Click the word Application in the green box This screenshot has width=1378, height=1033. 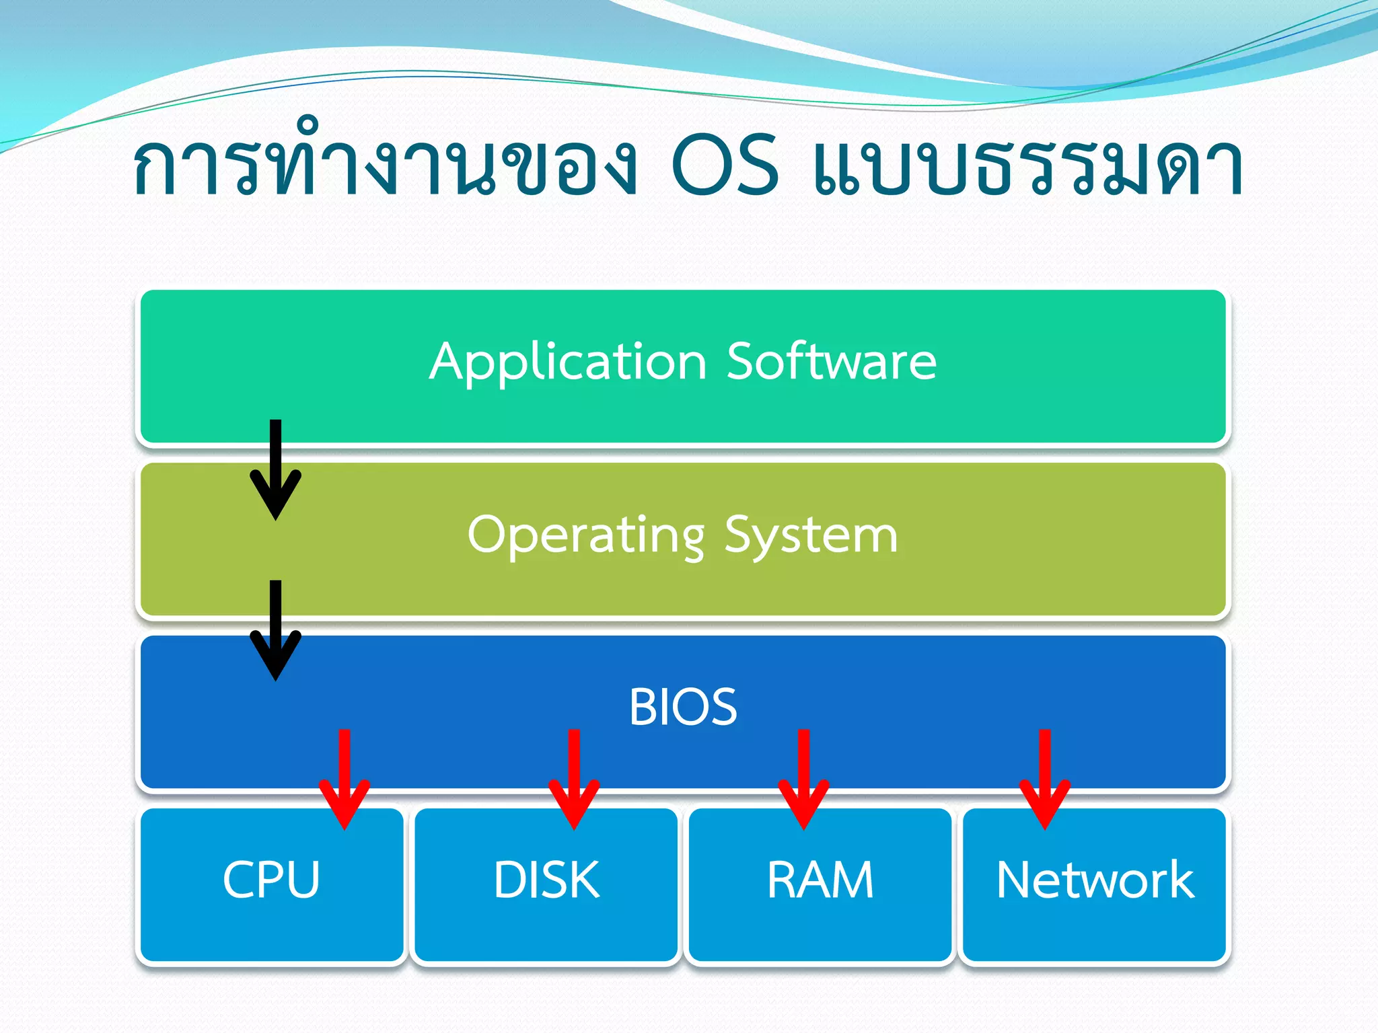coord(567,363)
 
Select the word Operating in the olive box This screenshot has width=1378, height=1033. coord(586,535)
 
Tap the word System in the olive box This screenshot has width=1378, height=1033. coord(811,537)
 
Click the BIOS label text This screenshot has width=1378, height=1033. coord(683,707)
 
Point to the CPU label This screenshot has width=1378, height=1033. coord(271,880)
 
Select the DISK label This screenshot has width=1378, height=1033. coord(546,880)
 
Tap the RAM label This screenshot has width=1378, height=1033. coord(820,880)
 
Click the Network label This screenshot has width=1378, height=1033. coord(1095,880)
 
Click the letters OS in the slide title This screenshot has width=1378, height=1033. coord(725,165)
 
